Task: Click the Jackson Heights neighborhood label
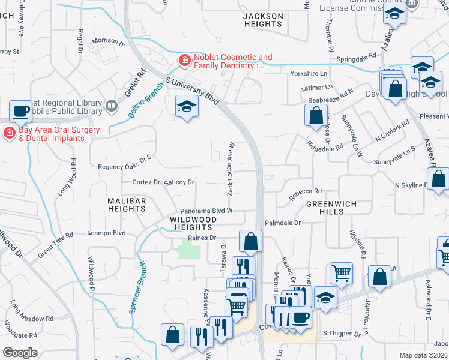tap(263, 20)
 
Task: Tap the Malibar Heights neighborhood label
tap(127, 204)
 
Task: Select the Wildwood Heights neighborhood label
tap(192, 224)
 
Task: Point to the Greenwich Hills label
tap(331, 208)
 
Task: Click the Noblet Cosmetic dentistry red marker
tap(184, 61)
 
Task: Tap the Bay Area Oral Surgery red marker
tap(10, 133)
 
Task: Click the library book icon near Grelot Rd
tap(111, 106)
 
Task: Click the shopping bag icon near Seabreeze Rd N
tap(316, 115)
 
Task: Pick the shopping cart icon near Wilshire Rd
tap(341, 273)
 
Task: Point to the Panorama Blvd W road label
tap(206, 211)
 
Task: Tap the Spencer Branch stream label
tap(137, 287)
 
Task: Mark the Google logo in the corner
tap(20, 353)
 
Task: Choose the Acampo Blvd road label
tap(106, 233)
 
